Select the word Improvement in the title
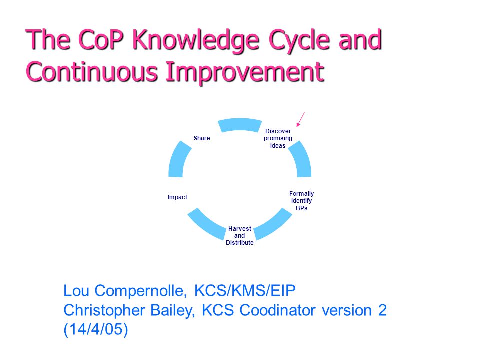245,72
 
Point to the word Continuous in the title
92,72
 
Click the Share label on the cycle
202,138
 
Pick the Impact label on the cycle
177,197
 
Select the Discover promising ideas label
278,138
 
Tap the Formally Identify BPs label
302,201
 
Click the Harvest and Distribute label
240,235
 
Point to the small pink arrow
301,119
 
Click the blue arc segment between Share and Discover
240,125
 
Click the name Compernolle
141,291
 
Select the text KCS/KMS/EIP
245,291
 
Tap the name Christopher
104,311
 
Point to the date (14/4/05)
96,330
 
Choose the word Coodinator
277,310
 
